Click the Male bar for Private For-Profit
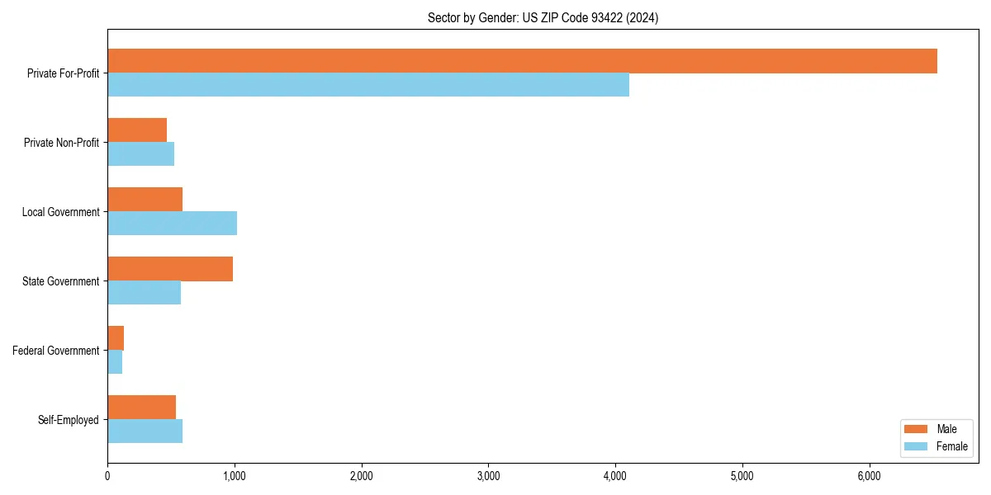(x=522, y=61)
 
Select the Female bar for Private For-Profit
(x=368, y=85)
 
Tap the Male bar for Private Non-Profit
(x=137, y=130)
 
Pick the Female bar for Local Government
(x=172, y=224)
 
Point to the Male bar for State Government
(x=170, y=269)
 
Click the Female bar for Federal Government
(x=115, y=362)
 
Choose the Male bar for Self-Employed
(x=141, y=408)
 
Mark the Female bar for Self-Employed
(x=145, y=431)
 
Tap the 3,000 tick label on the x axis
(x=489, y=476)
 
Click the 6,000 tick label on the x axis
(x=870, y=476)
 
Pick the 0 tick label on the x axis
(x=107, y=476)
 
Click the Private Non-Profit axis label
(x=61, y=143)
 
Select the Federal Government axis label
(x=56, y=351)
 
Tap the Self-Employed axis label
(x=69, y=420)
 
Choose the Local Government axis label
(x=61, y=212)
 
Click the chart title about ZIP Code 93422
(x=543, y=17)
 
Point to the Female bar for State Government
(x=144, y=293)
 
